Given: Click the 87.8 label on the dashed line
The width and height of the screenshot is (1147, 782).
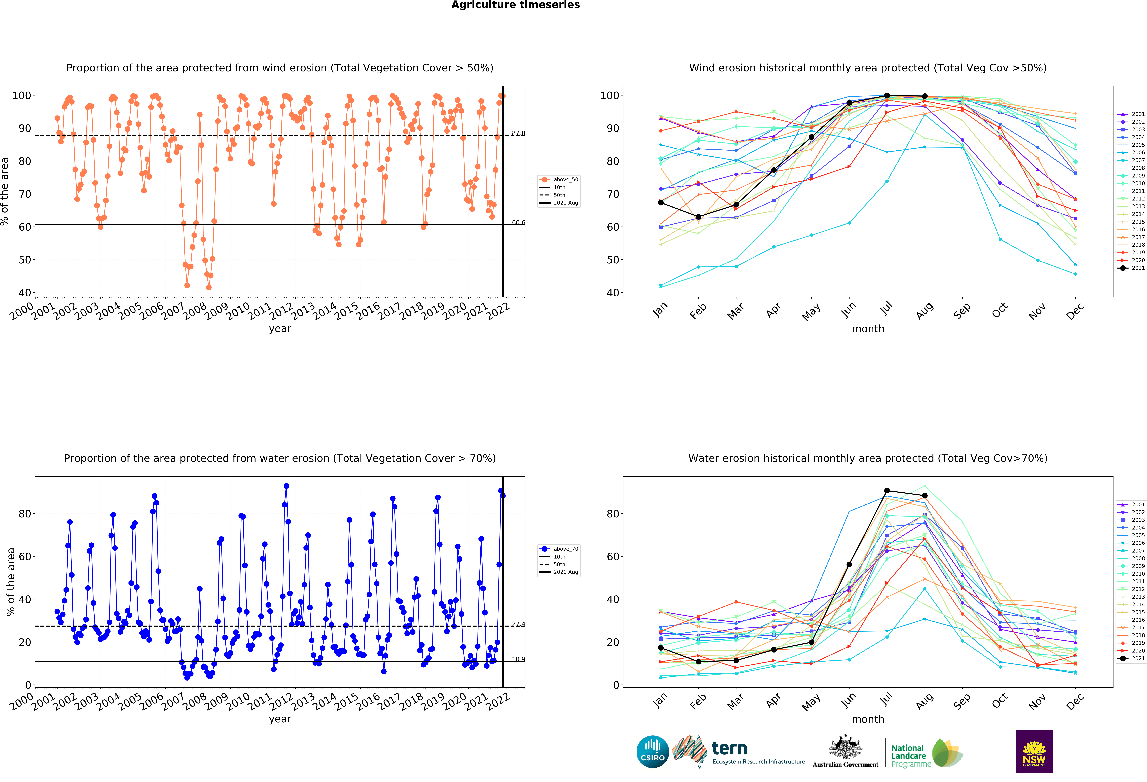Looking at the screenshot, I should (518, 133).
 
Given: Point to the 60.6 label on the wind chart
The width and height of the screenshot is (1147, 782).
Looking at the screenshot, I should (518, 223).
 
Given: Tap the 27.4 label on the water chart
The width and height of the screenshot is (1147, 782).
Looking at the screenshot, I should (518, 624).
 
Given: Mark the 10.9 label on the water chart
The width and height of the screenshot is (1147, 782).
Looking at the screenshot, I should (518, 659).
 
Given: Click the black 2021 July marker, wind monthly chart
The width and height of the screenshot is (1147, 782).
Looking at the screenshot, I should (887, 96).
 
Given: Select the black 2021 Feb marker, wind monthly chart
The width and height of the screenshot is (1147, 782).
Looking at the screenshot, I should (698, 217).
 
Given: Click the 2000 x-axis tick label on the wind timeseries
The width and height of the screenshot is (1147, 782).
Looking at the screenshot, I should (22, 311).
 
